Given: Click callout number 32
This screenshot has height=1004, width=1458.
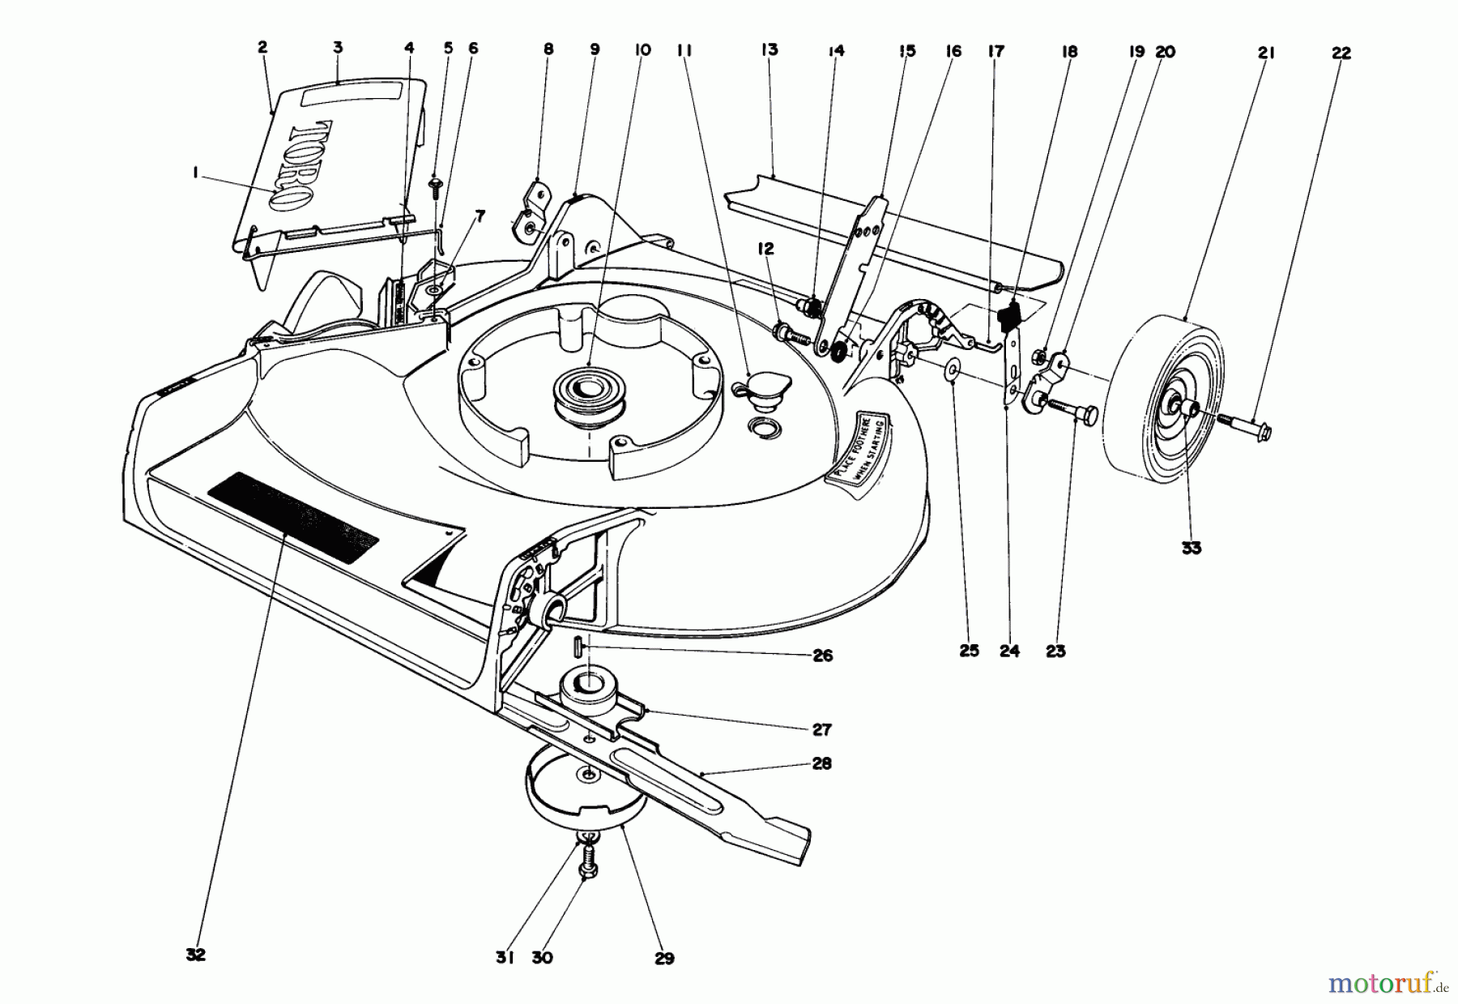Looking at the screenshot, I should (195, 955).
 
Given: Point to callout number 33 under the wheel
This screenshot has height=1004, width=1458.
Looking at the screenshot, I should (1191, 549).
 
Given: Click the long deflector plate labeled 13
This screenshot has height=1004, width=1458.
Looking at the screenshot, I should (891, 235).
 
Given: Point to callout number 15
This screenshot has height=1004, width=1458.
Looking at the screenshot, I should (906, 51).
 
